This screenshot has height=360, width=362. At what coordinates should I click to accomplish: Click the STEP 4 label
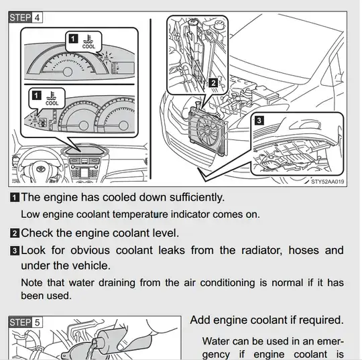click(25, 17)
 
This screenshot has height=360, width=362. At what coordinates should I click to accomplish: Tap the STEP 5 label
click(25, 322)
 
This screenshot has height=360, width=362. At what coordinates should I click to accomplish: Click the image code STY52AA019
click(327, 182)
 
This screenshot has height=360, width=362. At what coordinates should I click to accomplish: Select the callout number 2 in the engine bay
click(213, 83)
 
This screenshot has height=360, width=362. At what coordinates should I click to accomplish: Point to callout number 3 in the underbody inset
click(259, 120)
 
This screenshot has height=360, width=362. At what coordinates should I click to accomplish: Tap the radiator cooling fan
click(207, 131)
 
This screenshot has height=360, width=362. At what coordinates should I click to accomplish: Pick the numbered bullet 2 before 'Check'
click(15, 233)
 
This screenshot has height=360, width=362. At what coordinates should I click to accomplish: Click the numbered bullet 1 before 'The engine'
click(15, 198)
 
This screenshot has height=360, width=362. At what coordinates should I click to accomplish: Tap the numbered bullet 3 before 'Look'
click(15, 251)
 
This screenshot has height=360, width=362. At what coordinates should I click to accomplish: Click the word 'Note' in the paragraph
click(32, 283)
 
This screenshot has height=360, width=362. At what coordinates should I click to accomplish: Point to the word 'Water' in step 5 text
click(216, 341)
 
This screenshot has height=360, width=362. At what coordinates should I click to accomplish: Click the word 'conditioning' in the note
click(227, 283)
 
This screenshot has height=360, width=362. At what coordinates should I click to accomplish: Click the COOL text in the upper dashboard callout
click(88, 46)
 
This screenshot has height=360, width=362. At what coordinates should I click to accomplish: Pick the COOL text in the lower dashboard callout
click(52, 103)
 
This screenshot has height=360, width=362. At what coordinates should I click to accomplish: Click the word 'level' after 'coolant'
click(166, 233)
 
